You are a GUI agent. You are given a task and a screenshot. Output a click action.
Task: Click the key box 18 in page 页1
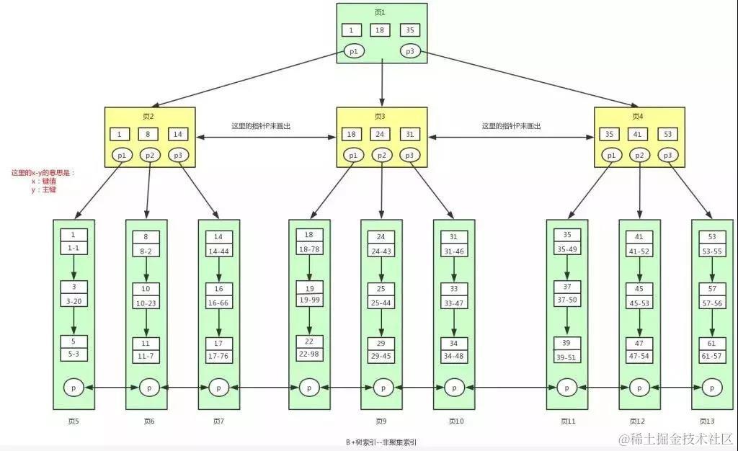click(381, 30)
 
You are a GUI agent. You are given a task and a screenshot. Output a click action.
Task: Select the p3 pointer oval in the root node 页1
click(410, 51)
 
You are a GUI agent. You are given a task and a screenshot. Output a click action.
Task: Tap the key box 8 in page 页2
click(148, 134)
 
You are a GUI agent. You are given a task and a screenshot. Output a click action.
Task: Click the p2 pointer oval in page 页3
click(381, 155)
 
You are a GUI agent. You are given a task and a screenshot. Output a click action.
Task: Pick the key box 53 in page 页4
click(668, 134)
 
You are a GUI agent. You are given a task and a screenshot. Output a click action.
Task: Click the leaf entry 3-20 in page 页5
click(74, 300)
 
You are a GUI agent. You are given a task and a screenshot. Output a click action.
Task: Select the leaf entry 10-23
click(146, 303)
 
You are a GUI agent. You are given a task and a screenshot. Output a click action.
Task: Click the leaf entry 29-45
click(381, 357)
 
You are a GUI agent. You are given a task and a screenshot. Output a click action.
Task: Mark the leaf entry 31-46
click(453, 250)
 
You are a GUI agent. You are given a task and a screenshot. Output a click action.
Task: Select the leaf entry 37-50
click(567, 299)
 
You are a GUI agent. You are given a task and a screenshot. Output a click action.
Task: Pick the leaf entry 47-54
click(639, 357)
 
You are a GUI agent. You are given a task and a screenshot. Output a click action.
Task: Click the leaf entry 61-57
click(712, 357)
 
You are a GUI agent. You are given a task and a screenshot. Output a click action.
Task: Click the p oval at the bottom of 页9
click(381, 387)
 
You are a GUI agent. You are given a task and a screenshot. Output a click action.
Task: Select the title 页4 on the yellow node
click(638, 116)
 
